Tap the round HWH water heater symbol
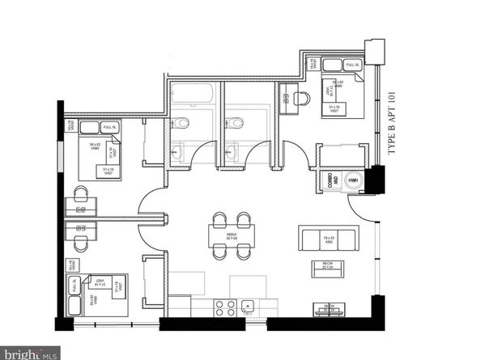pos(353,181)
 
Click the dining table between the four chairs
pos(231,235)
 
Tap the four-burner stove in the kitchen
pos(223,307)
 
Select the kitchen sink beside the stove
pos(249,307)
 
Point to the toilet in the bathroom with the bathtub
pos(183,123)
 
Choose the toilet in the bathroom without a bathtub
pos(236,123)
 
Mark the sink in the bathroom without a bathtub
pos(232,150)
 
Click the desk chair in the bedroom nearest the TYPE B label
pos(300,98)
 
